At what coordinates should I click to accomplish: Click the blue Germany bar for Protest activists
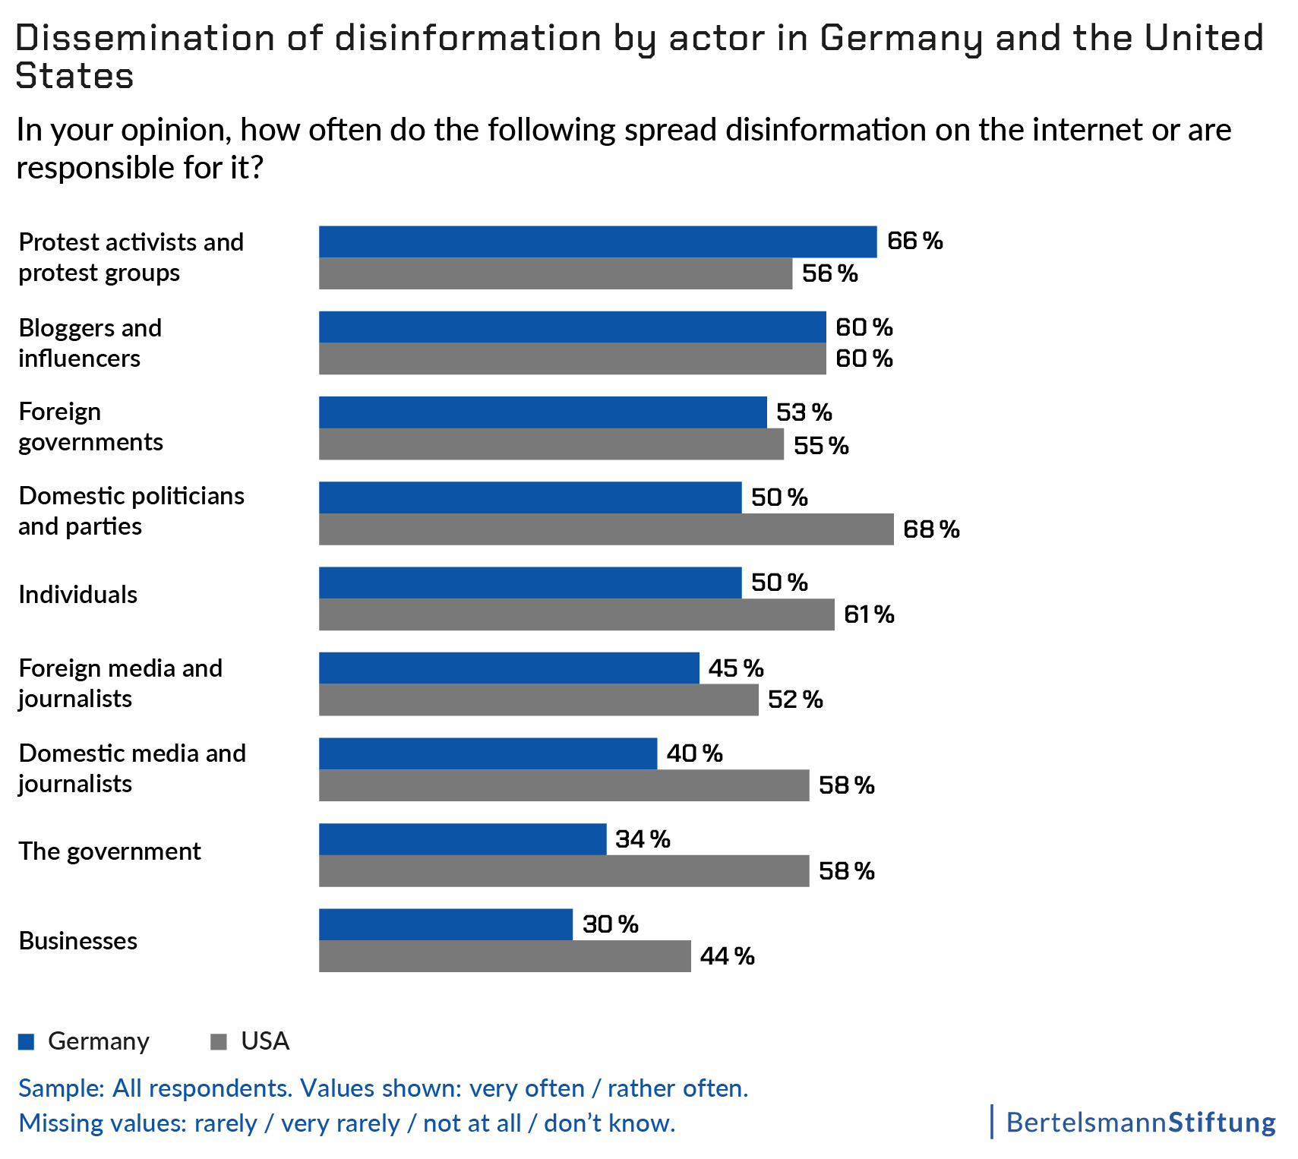[x=598, y=242]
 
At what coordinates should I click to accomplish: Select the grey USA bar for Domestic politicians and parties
[x=606, y=529]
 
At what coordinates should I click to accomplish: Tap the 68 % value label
[x=931, y=529]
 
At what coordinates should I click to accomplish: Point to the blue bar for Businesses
[x=446, y=924]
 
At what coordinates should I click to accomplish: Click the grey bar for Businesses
[x=505, y=956]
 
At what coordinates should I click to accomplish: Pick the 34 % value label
[x=643, y=839]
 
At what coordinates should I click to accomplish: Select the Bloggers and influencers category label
[x=90, y=343]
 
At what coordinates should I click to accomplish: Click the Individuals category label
[x=77, y=595]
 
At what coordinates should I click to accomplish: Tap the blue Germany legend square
[x=27, y=1041]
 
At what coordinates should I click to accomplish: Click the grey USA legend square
[x=219, y=1041]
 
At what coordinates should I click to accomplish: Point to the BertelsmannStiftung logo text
[x=1140, y=1122]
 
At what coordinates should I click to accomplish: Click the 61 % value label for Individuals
[x=869, y=614]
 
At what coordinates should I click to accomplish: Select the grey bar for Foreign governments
[x=551, y=444]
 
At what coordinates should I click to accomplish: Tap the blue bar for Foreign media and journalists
[x=509, y=668]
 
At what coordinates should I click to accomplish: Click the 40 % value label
[x=694, y=753]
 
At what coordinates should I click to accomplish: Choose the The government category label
[x=109, y=851]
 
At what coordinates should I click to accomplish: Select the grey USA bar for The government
[x=564, y=871]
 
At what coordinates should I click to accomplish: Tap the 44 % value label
[x=727, y=956]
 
